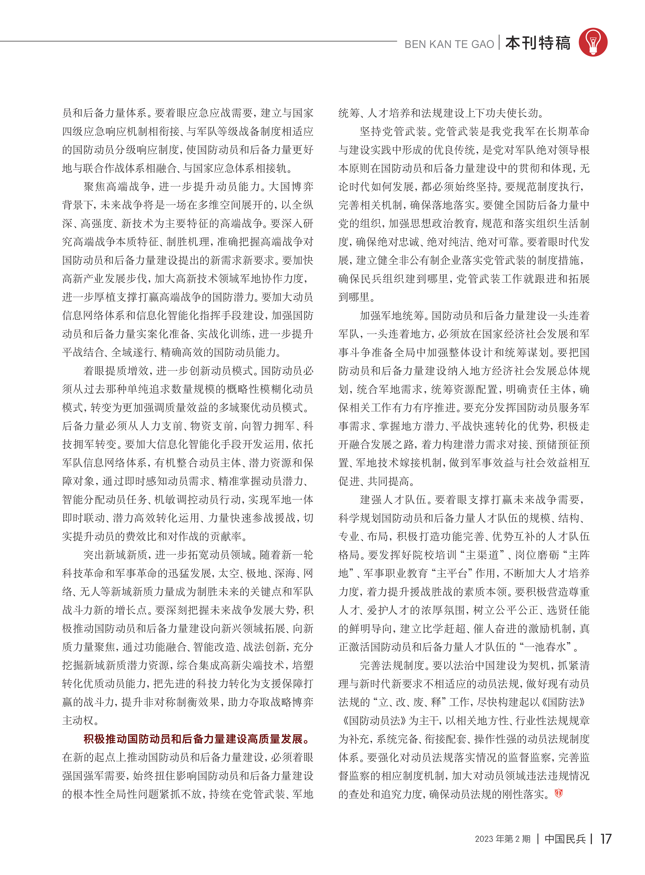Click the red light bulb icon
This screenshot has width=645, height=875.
[x=593, y=42]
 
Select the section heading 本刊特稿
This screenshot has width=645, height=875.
[x=538, y=43]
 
